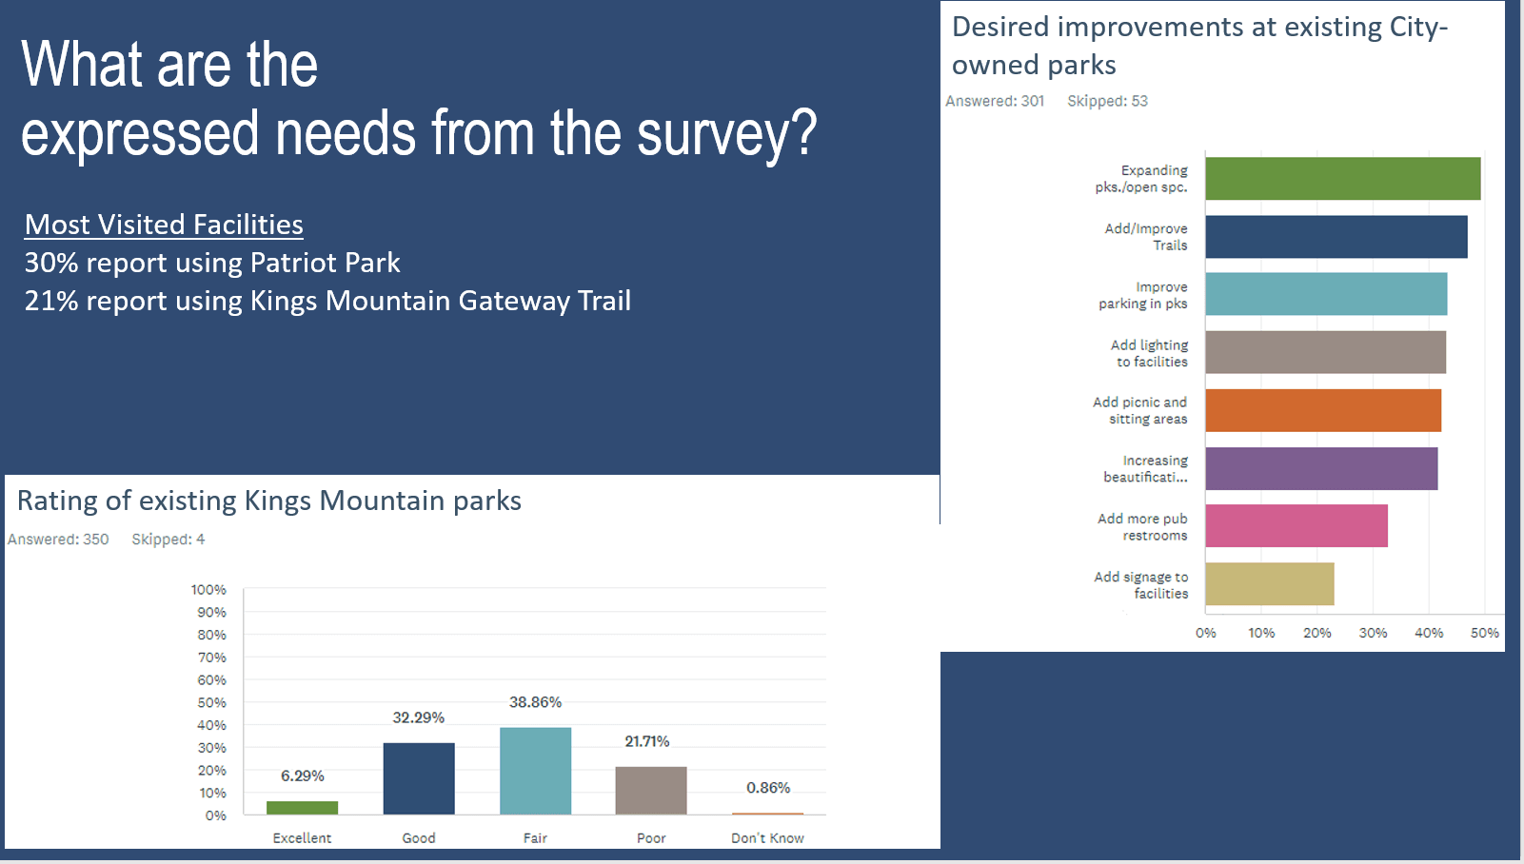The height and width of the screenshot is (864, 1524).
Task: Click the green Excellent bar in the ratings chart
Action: click(302, 808)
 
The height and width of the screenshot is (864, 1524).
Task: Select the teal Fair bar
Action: click(535, 771)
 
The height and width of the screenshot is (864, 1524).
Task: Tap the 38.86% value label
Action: click(535, 702)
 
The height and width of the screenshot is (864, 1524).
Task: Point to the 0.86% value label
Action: click(768, 788)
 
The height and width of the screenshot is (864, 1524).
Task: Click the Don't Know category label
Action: click(767, 838)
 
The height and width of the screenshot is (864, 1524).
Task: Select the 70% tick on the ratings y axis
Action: click(211, 658)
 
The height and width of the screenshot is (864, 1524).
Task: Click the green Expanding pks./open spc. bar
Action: click(1342, 179)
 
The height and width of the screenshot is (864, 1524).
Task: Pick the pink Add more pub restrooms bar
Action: click(1296, 526)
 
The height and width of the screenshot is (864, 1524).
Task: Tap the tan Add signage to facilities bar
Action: click(1269, 584)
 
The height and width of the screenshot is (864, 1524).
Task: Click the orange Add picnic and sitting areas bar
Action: click(1322, 410)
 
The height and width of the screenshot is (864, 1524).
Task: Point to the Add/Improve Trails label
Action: click(1146, 237)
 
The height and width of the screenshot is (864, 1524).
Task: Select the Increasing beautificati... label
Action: click(1145, 469)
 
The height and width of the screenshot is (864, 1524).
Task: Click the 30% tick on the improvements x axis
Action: click(1373, 633)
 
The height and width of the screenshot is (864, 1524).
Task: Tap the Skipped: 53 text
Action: click(1107, 101)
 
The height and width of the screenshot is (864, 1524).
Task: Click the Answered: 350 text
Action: click(58, 540)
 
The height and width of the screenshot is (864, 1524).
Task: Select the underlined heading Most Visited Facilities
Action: click(164, 225)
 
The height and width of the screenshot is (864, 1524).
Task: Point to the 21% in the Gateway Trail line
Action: click(50, 301)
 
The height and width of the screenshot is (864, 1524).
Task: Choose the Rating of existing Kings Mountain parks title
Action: click(268, 501)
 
